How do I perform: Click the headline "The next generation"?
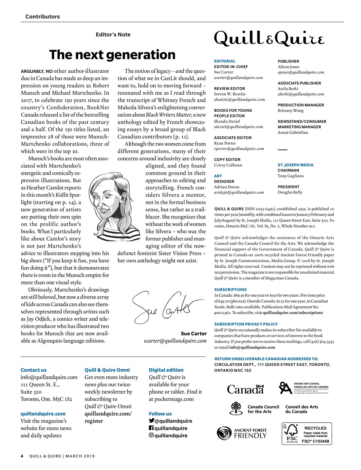point(112,55)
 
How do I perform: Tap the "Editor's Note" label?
point(113,35)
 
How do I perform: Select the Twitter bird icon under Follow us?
point(151,421)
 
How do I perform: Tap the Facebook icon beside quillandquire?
point(151,428)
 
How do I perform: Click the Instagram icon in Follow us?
point(151,435)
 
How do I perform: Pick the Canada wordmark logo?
point(245,389)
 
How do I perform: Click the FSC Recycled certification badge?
point(307,433)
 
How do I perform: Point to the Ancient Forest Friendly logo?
point(242,433)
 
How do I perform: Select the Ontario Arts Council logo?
point(304,388)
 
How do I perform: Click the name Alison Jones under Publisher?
point(288,67)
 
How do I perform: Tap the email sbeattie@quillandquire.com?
point(239,100)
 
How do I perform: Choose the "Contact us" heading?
point(33,370)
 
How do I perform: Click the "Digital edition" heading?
point(166,370)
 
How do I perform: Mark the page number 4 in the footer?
point(22,456)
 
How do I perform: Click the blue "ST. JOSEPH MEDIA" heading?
point(295,165)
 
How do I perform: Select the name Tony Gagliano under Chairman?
point(290,176)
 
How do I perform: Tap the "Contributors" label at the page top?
point(42,17)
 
